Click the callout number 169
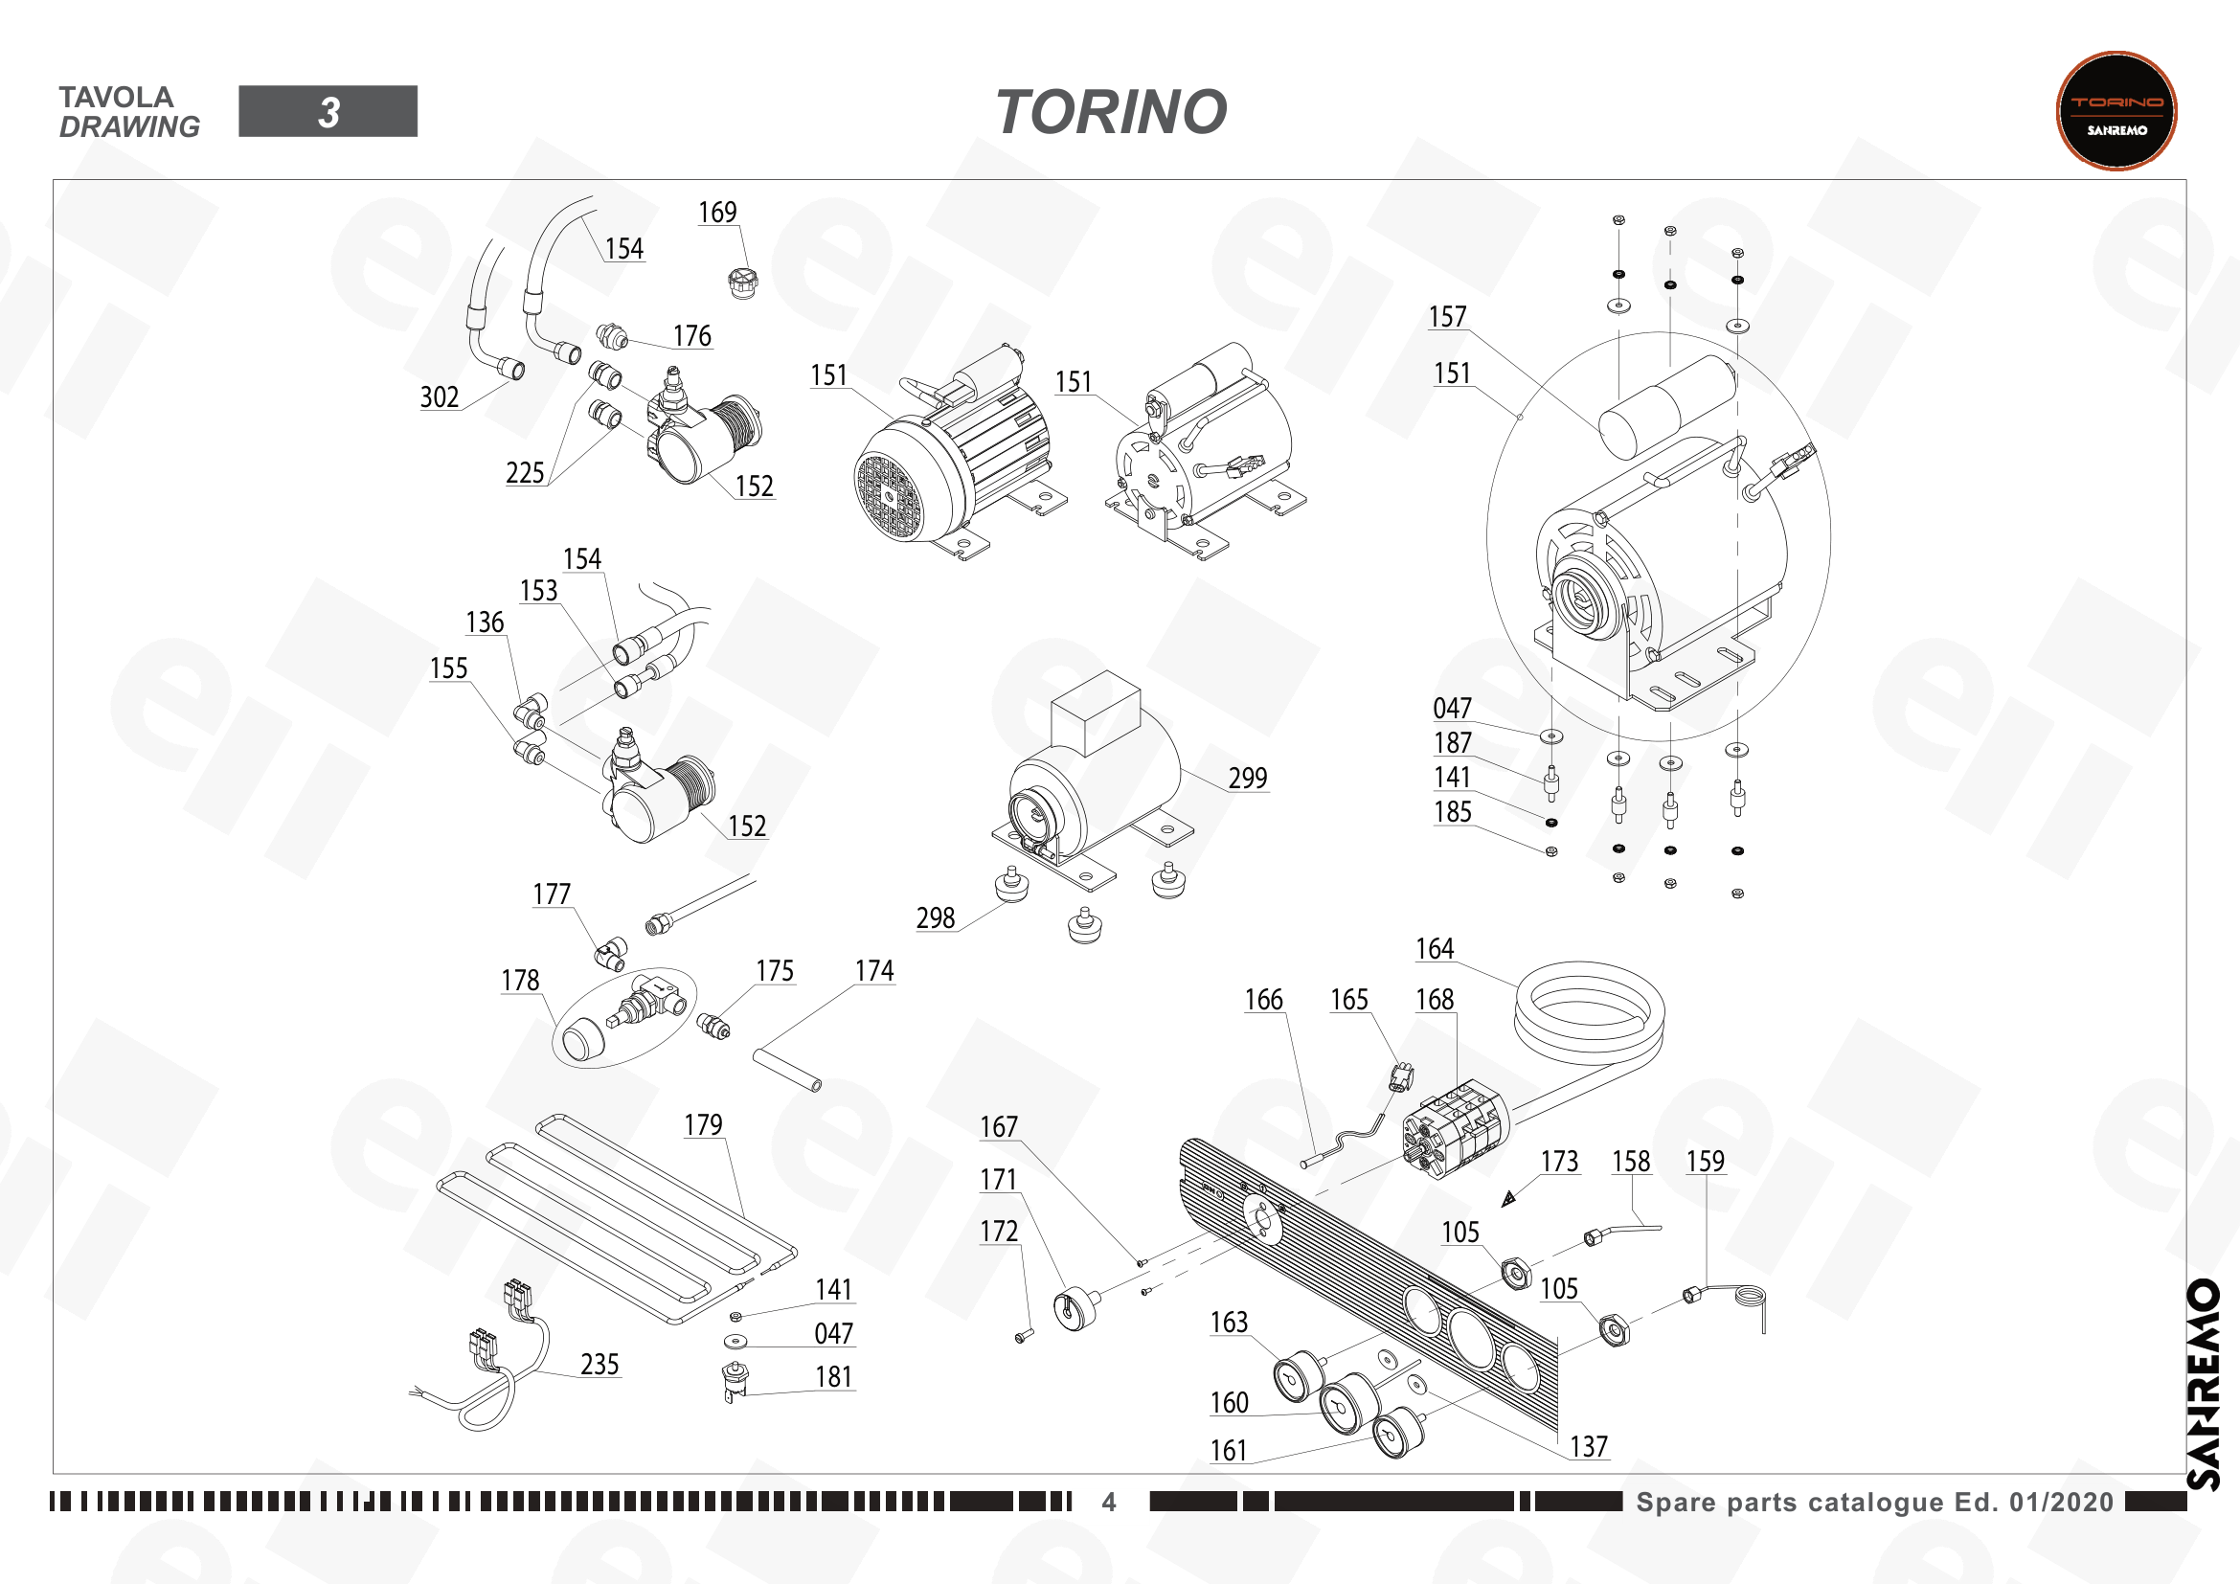click(x=717, y=213)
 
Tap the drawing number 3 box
click(x=328, y=111)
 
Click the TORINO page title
click(x=1111, y=112)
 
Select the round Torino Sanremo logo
click(x=2116, y=111)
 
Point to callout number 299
click(x=1248, y=779)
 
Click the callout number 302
click(x=439, y=397)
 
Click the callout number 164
click(x=1436, y=949)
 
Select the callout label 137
click(x=1588, y=1446)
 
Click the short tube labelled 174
click(x=787, y=1070)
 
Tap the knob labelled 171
click(x=1076, y=1308)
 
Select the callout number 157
click(x=1448, y=317)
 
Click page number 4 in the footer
click(x=1109, y=1502)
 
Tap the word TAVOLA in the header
click(x=116, y=98)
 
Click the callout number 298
click(x=935, y=917)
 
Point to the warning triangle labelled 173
click(x=1508, y=1199)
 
